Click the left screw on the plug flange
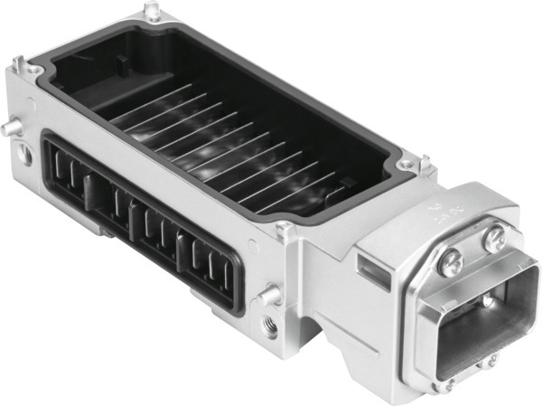[x=451, y=262]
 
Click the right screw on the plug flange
[x=494, y=240]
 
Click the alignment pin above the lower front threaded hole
[x=266, y=294]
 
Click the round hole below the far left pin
[x=25, y=155]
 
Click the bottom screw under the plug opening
[x=448, y=382]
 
